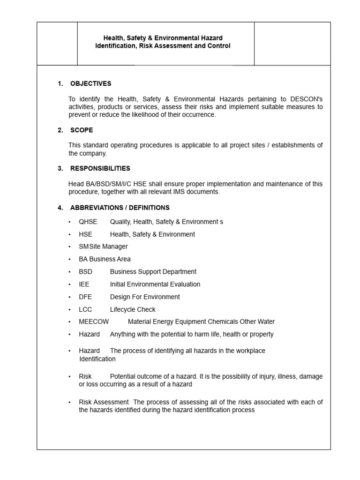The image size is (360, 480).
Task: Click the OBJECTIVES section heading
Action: click(x=90, y=84)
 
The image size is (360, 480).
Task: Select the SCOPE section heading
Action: click(x=82, y=130)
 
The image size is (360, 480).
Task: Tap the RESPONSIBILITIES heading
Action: click(x=100, y=168)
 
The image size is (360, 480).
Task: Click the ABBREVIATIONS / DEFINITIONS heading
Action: click(x=120, y=208)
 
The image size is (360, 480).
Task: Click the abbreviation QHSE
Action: click(x=88, y=222)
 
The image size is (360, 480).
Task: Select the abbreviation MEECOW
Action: click(x=94, y=322)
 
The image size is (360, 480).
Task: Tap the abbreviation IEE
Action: click(x=84, y=284)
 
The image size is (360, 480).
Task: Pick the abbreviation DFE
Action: click(x=85, y=297)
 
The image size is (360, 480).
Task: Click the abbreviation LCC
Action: click(x=85, y=309)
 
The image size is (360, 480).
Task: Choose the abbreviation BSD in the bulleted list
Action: click(x=85, y=271)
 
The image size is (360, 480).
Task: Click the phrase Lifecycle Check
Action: click(x=133, y=309)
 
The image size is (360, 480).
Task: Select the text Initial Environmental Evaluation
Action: click(x=155, y=284)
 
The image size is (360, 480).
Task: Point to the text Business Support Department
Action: click(x=153, y=271)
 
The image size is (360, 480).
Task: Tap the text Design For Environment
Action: click(x=145, y=297)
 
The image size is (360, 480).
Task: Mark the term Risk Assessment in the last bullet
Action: click(x=104, y=402)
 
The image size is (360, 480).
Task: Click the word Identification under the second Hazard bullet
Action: click(x=97, y=359)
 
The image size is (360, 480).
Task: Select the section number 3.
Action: click(x=60, y=168)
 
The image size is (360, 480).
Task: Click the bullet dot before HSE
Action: click(x=69, y=234)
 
